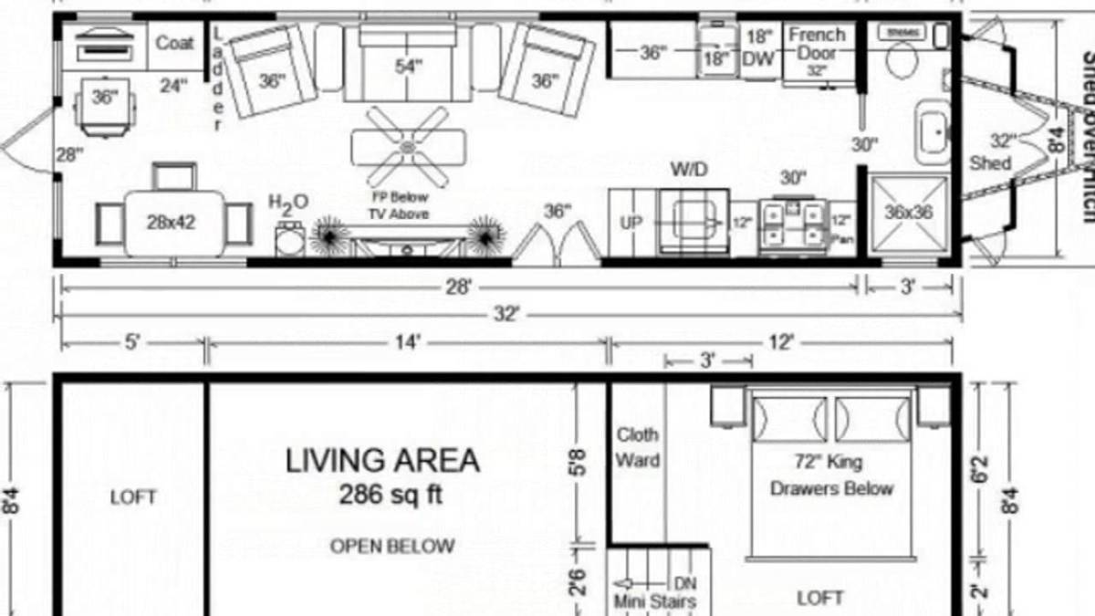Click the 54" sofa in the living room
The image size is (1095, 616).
point(408,67)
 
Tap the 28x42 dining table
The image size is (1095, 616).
point(173,223)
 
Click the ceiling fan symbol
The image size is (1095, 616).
point(408,144)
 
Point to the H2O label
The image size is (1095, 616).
point(288,202)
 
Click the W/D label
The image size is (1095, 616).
point(689,170)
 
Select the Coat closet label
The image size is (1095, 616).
point(173,43)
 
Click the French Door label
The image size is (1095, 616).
point(817,44)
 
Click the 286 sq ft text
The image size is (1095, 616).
point(391,496)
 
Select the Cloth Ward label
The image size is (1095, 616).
point(637,447)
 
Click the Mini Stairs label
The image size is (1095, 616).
point(652,601)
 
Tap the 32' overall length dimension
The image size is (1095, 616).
point(506,315)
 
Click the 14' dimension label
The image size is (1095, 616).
point(407,342)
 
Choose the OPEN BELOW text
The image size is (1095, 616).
point(391,547)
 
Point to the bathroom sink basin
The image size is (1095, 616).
point(933,133)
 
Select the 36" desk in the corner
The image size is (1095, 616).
point(105,98)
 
